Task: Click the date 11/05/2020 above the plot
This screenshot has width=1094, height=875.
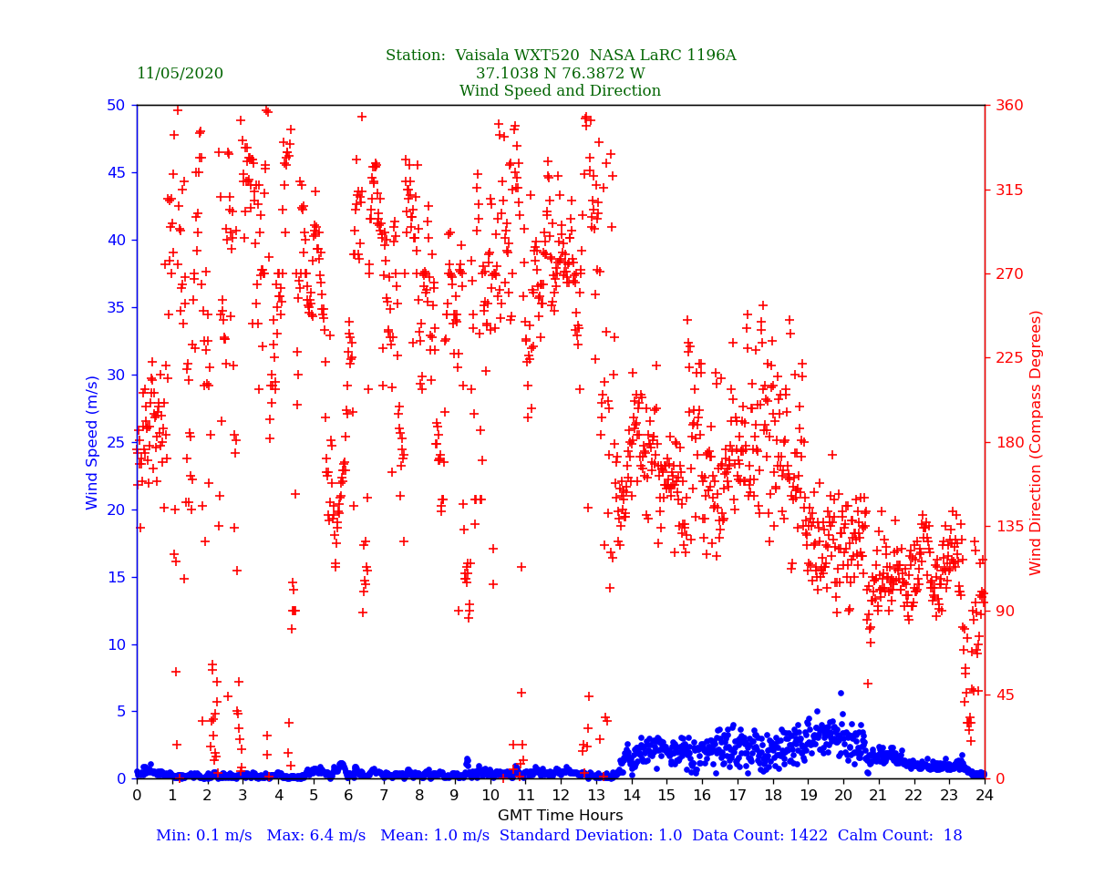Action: tap(180, 74)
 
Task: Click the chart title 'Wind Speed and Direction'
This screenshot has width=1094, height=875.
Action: tap(560, 91)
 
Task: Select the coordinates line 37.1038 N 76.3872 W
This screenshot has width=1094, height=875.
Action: tap(560, 74)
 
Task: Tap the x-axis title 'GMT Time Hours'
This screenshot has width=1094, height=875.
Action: tap(560, 815)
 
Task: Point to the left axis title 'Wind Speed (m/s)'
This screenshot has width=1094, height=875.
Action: tap(93, 442)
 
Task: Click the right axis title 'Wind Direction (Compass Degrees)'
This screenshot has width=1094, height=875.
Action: tap(1036, 442)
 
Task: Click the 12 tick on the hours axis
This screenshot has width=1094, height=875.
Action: tap(561, 796)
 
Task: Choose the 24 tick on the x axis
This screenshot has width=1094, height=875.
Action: tap(985, 796)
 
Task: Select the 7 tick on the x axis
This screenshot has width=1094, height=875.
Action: tap(384, 796)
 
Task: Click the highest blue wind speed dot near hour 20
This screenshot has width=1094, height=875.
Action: tap(841, 693)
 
